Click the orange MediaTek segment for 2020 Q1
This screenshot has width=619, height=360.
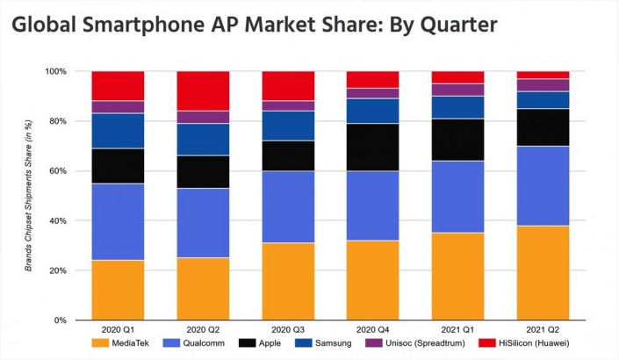click(x=119, y=290)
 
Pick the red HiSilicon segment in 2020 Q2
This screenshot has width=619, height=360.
click(x=204, y=90)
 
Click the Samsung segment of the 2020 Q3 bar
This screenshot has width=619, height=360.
click(x=288, y=126)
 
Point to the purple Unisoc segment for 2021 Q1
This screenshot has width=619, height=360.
click(x=458, y=90)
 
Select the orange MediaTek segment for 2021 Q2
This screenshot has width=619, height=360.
click(x=543, y=272)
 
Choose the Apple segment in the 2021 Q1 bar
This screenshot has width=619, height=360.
click(x=458, y=140)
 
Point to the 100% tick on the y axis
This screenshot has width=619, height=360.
click(x=56, y=71)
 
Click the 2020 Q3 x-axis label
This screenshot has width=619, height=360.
click(x=288, y=332)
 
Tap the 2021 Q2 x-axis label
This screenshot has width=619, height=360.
click(x=543, y=332)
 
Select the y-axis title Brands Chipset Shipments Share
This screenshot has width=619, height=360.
click(x=29, y=195)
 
